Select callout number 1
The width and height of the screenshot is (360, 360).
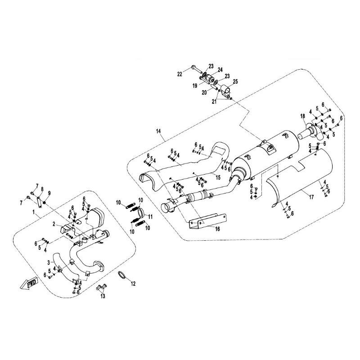[34, 212]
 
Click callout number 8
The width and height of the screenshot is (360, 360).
[42, 189]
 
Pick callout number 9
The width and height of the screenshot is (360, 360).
[49, 193]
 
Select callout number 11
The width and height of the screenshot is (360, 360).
[150, 216]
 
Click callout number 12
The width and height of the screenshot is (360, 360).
[133, 284]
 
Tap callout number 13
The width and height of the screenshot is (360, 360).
[103, 296]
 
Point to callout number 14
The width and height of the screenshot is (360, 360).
[158, 131]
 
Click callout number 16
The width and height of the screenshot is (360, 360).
[217, 229]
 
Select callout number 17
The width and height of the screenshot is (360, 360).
[311, 197]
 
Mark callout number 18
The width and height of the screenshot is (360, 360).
[302, 116]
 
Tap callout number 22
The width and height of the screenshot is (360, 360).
[180, 74]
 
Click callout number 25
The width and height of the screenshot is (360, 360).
[235, 81]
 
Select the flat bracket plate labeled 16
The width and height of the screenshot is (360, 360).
[207, 221]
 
